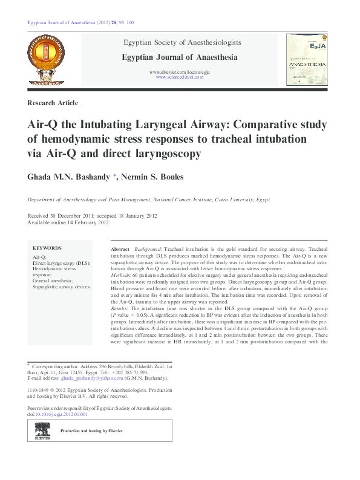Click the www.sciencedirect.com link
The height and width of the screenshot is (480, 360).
[180, 77]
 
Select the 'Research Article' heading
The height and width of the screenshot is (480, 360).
[53, 103]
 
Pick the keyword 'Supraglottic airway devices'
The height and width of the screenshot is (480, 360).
[61, 287]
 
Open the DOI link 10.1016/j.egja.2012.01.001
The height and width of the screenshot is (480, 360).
[61, 415]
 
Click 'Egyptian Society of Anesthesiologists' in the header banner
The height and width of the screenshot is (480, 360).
[182, 43]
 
